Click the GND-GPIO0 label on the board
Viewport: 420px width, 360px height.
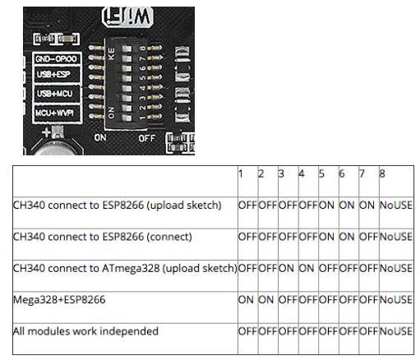point(57,59)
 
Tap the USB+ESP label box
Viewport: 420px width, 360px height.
point(57,74)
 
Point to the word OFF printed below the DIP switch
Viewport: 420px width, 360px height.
point(147,138)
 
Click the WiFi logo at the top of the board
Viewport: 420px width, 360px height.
point(127,16)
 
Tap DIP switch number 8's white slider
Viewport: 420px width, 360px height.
point(127,48)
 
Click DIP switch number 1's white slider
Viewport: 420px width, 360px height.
point(127,118)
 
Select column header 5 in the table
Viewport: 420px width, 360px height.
point(321,173)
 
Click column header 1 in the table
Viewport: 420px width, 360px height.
point(241,173)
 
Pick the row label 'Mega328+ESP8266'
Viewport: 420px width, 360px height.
point(59,299)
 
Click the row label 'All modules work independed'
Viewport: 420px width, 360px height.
point(85,331)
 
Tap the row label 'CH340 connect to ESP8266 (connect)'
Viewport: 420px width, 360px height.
point(102,237)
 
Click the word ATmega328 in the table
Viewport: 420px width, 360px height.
point(131,268)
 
